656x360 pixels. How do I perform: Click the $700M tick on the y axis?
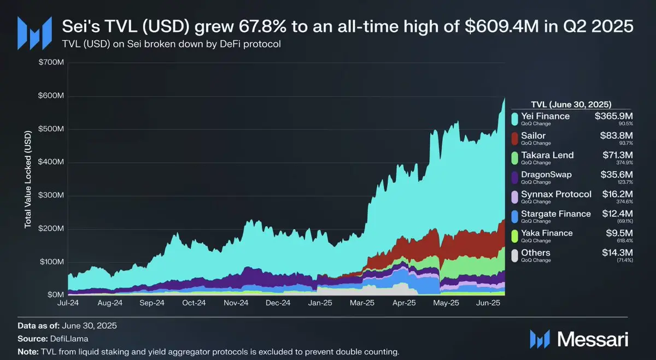point(51,63)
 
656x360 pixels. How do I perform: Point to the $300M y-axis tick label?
point(51,195)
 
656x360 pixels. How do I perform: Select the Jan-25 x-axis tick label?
point(320,302)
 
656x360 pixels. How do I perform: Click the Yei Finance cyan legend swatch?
point(514,118)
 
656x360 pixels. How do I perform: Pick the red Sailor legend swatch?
point(514,138)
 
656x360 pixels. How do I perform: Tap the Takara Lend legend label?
point(548,155)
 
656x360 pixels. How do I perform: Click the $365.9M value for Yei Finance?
point(614,116)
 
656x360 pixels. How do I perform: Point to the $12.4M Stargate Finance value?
point(617,214)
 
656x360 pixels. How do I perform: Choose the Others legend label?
point(536,252)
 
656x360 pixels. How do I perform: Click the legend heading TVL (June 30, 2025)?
point(571,104)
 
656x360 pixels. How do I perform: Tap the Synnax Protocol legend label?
point(557,194)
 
